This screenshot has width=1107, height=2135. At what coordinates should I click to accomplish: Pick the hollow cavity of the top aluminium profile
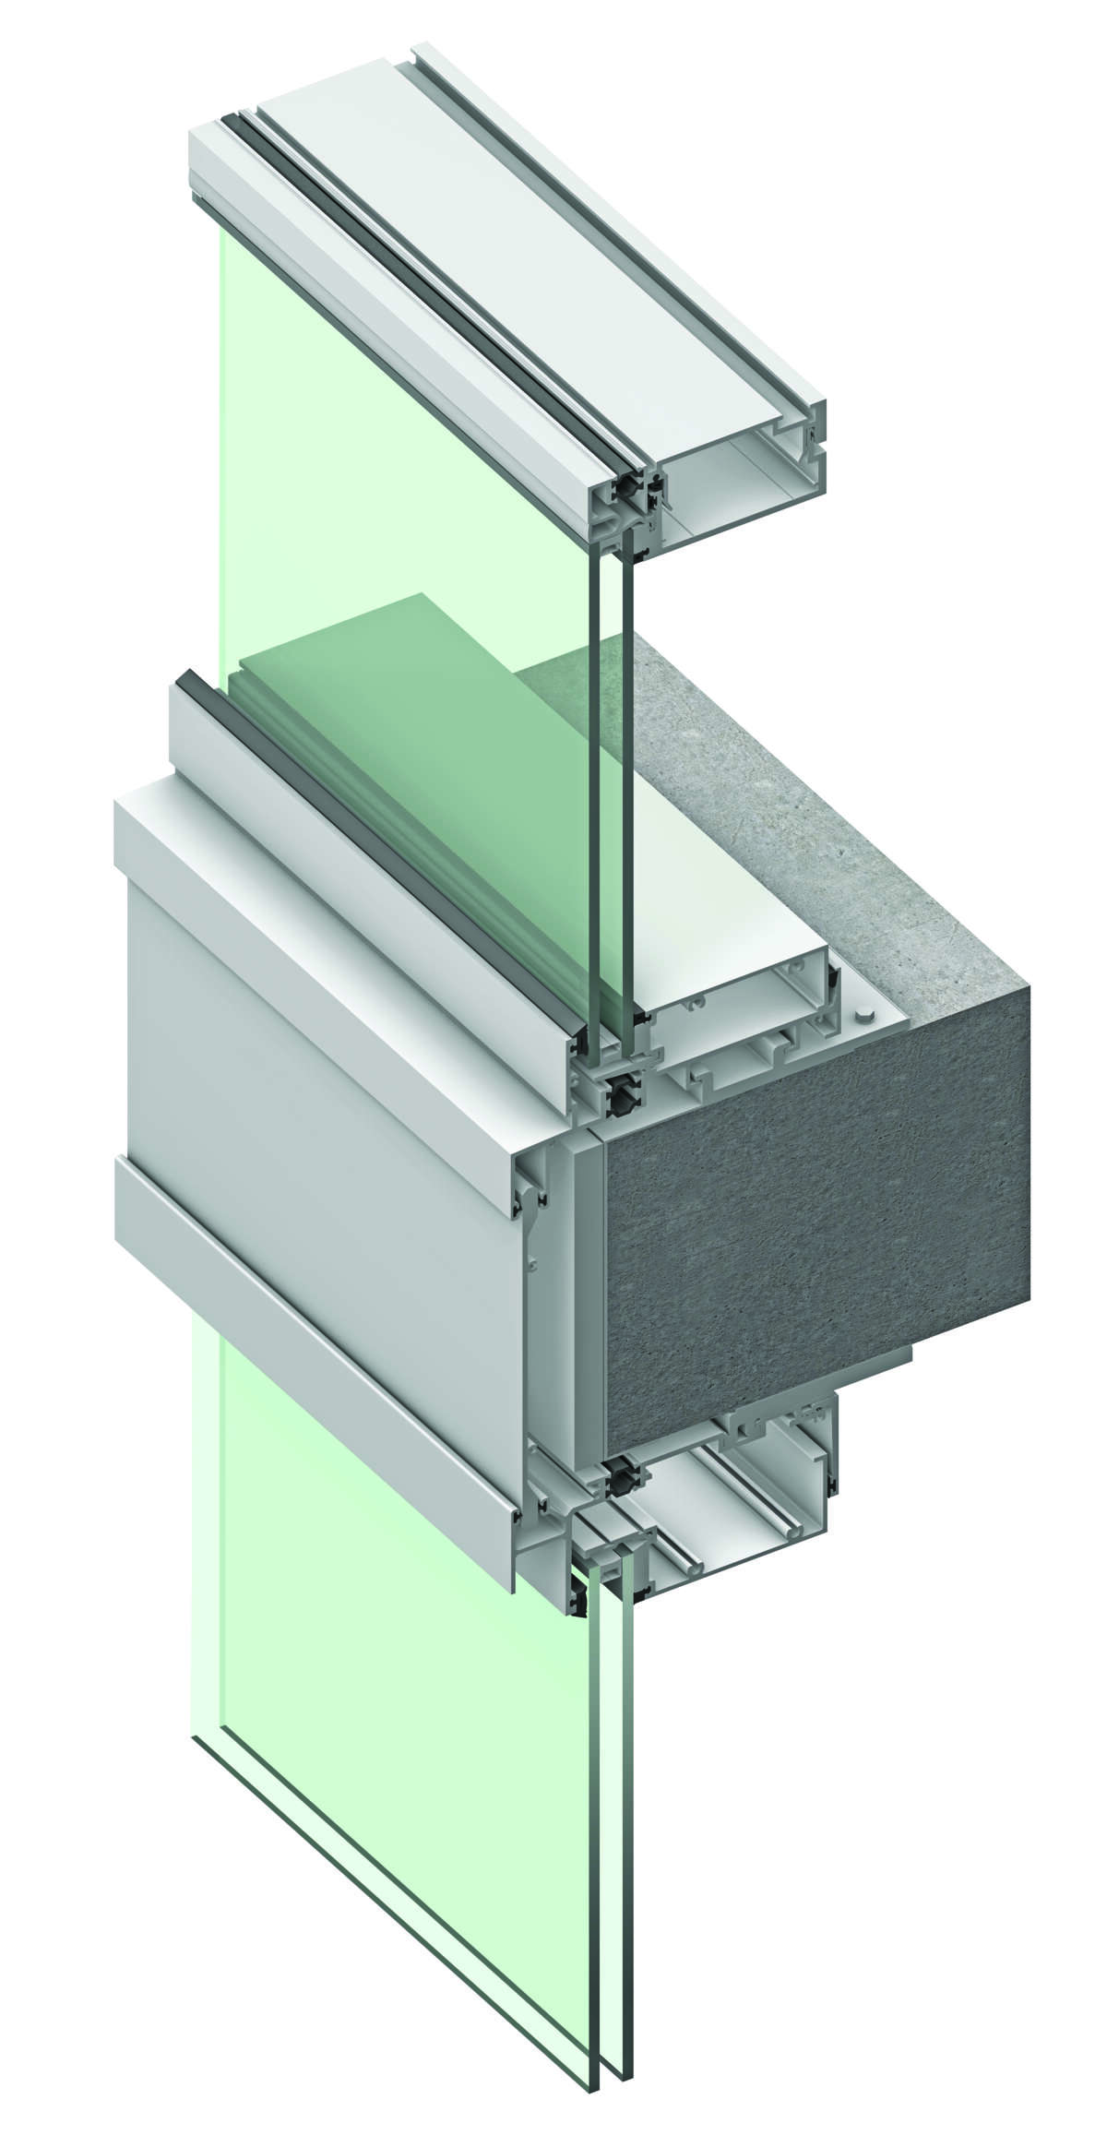[x=738, y=489]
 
